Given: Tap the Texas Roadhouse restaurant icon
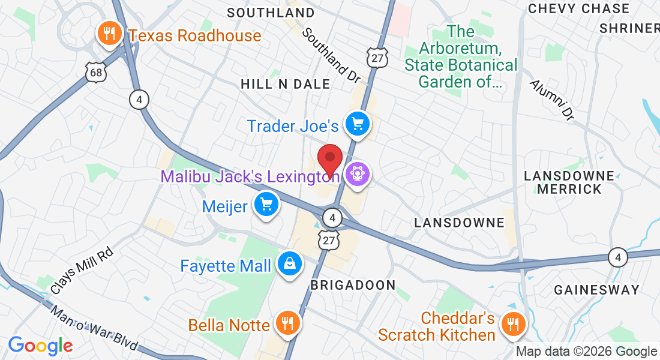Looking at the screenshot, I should click(109, 34).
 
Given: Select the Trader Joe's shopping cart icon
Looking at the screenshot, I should click(358, 125).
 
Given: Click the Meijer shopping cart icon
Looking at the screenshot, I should click(266, 205).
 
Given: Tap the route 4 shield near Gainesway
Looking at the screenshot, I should click(617, 258).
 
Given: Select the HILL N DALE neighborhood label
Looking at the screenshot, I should click(286, 84).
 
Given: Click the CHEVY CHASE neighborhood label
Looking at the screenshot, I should click(579, 8).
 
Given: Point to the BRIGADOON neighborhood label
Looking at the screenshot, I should click(353, 285).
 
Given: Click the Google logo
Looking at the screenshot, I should click(40, 346).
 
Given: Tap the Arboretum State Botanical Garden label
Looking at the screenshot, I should click(461, 56).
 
